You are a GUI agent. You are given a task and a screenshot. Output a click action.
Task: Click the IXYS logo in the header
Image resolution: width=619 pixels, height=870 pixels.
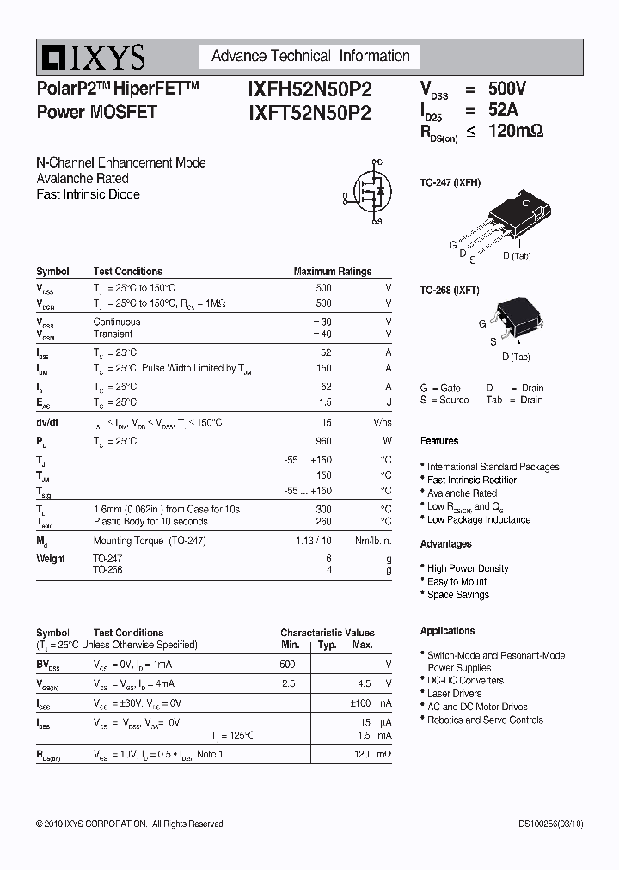coord(91,58)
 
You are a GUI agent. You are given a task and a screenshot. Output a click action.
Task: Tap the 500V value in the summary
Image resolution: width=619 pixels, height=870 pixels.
coord(507,89)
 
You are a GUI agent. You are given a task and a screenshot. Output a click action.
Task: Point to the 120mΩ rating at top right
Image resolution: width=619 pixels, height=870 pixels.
coord(515,132)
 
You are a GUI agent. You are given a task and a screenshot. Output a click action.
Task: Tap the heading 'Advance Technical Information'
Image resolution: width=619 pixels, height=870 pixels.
coord(310,56)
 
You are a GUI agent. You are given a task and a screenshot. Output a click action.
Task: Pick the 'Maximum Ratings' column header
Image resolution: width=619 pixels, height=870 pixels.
coord(333,272)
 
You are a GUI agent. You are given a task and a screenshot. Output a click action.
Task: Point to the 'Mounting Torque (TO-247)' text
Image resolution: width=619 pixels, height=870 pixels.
coord(150,541)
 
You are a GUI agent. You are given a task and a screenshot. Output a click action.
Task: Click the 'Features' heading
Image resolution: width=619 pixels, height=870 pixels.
coord(439,441)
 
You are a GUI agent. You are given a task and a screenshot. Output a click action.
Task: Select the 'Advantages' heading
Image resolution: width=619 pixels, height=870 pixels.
coord(445,544)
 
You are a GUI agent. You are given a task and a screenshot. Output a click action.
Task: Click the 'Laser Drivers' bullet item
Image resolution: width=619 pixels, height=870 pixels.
coord(454,694)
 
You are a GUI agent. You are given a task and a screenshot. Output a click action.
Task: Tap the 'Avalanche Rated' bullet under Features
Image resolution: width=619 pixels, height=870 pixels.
coord(462,493)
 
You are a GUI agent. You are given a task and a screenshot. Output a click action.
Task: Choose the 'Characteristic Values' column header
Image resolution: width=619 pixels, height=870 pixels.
coord(328,633)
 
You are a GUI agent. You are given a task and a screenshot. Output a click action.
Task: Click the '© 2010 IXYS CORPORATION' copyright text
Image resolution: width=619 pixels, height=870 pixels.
coord(91,824)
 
